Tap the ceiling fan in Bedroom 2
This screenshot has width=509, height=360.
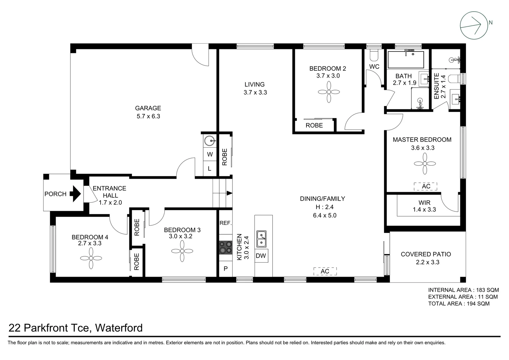(329, 92)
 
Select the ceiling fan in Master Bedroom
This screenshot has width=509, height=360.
(425, 163)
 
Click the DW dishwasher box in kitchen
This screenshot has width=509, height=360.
(261, 256)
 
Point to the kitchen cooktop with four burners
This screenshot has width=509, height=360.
(226, 248)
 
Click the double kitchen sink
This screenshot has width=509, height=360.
(261, 239)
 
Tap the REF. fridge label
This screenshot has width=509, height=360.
(226, 223)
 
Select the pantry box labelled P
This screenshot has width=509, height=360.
(226, 268)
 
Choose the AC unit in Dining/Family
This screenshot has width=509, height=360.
(325, 271)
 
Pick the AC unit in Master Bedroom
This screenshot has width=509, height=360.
(426, 186)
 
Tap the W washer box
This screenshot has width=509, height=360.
(210, 154)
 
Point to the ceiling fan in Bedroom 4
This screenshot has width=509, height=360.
(91, 258)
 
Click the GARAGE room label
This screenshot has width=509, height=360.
(148, 108)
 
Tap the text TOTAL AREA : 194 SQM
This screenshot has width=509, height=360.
(459, 304)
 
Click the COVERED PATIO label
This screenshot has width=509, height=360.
(426, 254)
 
